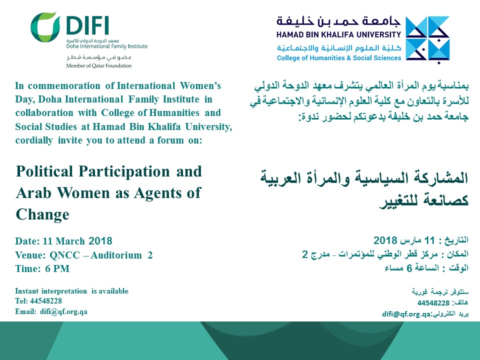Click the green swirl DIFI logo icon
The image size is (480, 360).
pyautogui.click(x=44, y=27)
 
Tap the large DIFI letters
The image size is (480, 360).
pyautogui.click(x=87, y=25)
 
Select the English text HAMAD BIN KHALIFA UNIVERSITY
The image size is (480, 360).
pyautogui.click(x=338, y=34)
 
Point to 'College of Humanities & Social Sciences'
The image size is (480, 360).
pyautogui.click(x=339, y=58)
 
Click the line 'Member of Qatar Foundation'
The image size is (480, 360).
pyautogui.click(x=99, y=65)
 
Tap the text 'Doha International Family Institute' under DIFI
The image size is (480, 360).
pyautogui.click(x=107, y=46)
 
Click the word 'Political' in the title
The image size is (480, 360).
pyautogui.click(x=45, y=171)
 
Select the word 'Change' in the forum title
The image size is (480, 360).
pyautogui.click(x=42, y=214)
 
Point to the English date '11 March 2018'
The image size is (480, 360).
pyautogui.click(x=77, y=241)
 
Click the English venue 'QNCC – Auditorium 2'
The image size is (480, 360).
pyautogui.click(x=101, y=255)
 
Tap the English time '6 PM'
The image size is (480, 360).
pyautogui.click(x=57, y=268)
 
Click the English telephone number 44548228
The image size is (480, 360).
pyautogui.click(x=46, y=301)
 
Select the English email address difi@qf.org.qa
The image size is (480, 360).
pyautogui.click(x=63, y=311)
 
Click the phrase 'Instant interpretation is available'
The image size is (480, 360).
pyautogui.click(x=71, y=291)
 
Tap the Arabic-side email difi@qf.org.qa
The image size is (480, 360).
pyautogui.click(x=406, y=314)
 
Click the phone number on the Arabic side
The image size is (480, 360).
pyautogui.click(x=433, y=303)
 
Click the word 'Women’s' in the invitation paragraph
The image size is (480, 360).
pyautogui.click(x=200, y=85)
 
